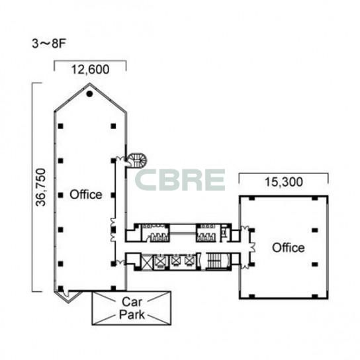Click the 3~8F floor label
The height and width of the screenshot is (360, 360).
click(x=49, y=44)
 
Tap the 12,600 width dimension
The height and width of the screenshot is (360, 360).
click(x=90, y=69)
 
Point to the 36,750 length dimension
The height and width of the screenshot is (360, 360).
click(x=41, y=187)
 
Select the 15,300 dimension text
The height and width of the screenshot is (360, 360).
click(x=284, y=182)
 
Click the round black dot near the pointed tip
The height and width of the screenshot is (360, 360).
click(x=89, y=94)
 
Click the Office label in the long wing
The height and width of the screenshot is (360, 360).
click(x=86, y=195)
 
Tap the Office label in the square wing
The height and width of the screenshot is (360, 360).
click(x=289, y=247)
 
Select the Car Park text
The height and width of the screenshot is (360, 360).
click(x=132, y=308)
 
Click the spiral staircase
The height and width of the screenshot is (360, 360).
click(x=137, y=161)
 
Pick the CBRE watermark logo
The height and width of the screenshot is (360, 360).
click(x=180, y=180)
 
